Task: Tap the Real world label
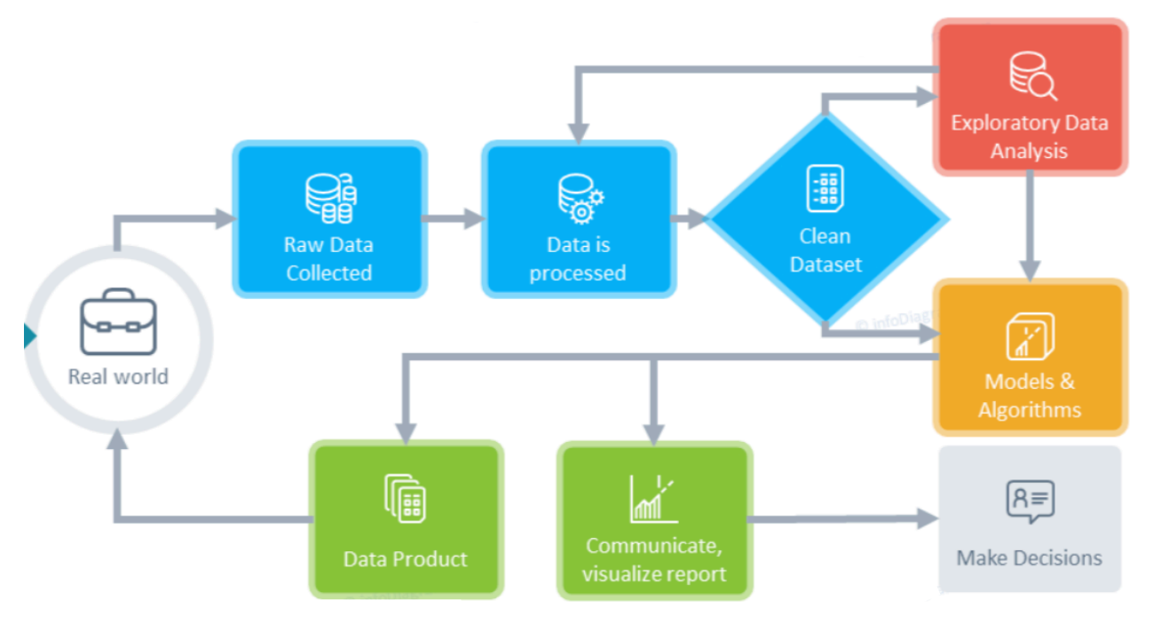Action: tap(118, 376)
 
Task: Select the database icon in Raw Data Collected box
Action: tap(330, 199)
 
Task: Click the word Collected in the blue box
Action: tap(328, 273)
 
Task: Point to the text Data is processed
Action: tap(578, 258)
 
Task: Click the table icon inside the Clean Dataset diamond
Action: tap(825, 189)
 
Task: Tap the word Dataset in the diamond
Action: tap(825, 264)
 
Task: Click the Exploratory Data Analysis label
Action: tap(1030, 136)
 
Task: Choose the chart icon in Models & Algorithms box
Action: tap(1030, 336)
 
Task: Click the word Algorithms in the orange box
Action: tap(1030, 410)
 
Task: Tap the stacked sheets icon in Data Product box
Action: tap(406, 497)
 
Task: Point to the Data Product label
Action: tap(406, 558)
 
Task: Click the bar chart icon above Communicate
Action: tap(653, 497)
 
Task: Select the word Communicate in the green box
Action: tap(653, 545)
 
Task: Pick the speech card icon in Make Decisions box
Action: tap(1030, 502)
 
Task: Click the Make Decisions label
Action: tap(1030, 557)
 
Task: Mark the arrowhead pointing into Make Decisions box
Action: tap(928, 519)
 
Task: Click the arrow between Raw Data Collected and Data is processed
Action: tap(454, 218)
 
